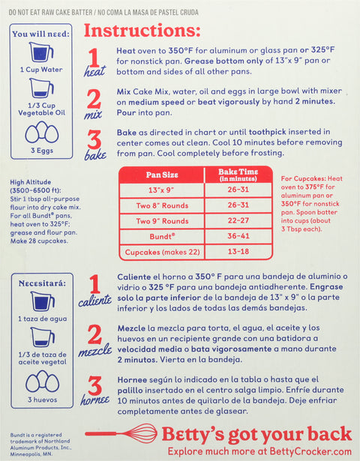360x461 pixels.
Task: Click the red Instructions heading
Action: [x=142, y=31]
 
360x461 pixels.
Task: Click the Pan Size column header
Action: [x=162, y=174]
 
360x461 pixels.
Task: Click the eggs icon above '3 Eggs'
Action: [x=42, y=133]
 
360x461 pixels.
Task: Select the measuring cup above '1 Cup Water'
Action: [x=42, y=53]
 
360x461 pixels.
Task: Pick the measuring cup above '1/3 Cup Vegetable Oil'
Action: [x=42, y=90]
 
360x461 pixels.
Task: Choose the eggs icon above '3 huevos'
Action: [x=42, y=382]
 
